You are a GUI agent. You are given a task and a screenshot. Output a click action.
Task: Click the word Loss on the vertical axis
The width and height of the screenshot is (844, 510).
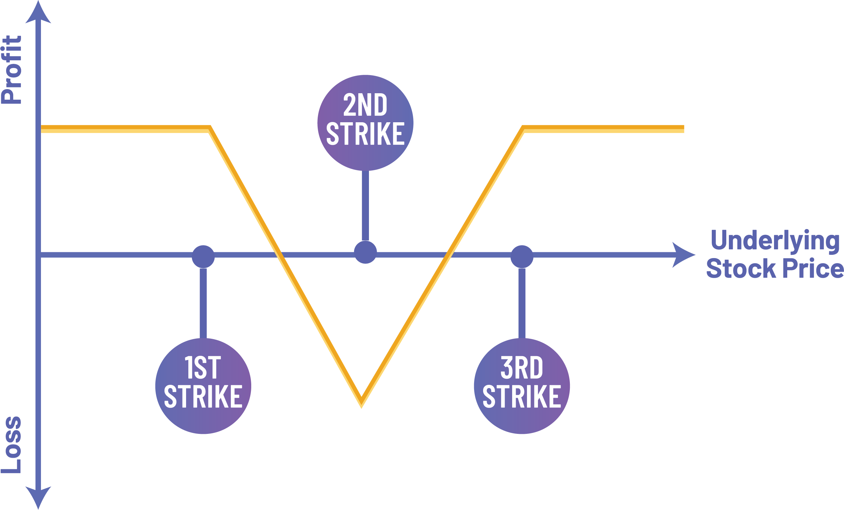tap(12, 445)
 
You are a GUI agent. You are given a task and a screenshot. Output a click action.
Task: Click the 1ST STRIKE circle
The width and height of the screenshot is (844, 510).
tap(203, 386)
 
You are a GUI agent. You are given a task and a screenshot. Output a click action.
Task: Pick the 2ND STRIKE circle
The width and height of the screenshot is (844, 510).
tap(365, 123)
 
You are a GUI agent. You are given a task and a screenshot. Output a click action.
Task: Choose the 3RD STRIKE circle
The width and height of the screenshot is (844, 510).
tap(522, 386)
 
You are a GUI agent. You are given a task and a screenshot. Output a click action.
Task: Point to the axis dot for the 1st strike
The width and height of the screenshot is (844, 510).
tap(203, 256)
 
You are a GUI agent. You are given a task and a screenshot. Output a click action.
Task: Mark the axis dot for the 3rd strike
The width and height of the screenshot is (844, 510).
tap(522, 256)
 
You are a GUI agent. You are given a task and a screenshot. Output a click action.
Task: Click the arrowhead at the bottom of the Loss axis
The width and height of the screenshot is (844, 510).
tap(38, 497)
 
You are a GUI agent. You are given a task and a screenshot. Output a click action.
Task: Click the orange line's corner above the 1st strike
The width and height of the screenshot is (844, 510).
tap(209, 129)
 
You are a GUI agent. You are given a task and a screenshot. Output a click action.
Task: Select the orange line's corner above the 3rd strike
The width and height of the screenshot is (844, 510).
tap(523, 129)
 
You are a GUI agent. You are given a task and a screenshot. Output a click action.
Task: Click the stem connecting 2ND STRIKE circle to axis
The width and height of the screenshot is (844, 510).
tap(365, 205)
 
